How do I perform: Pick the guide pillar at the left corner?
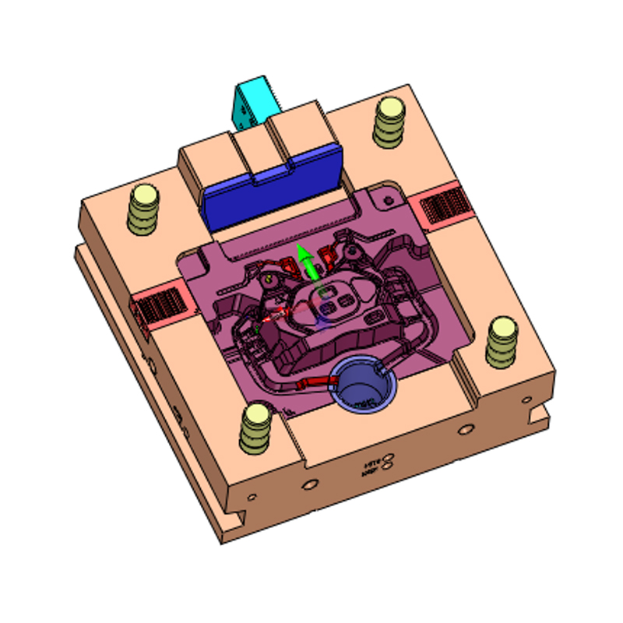click(143, 207)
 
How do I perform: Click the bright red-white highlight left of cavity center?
click(276, 315)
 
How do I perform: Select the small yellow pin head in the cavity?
click(269, 277)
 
